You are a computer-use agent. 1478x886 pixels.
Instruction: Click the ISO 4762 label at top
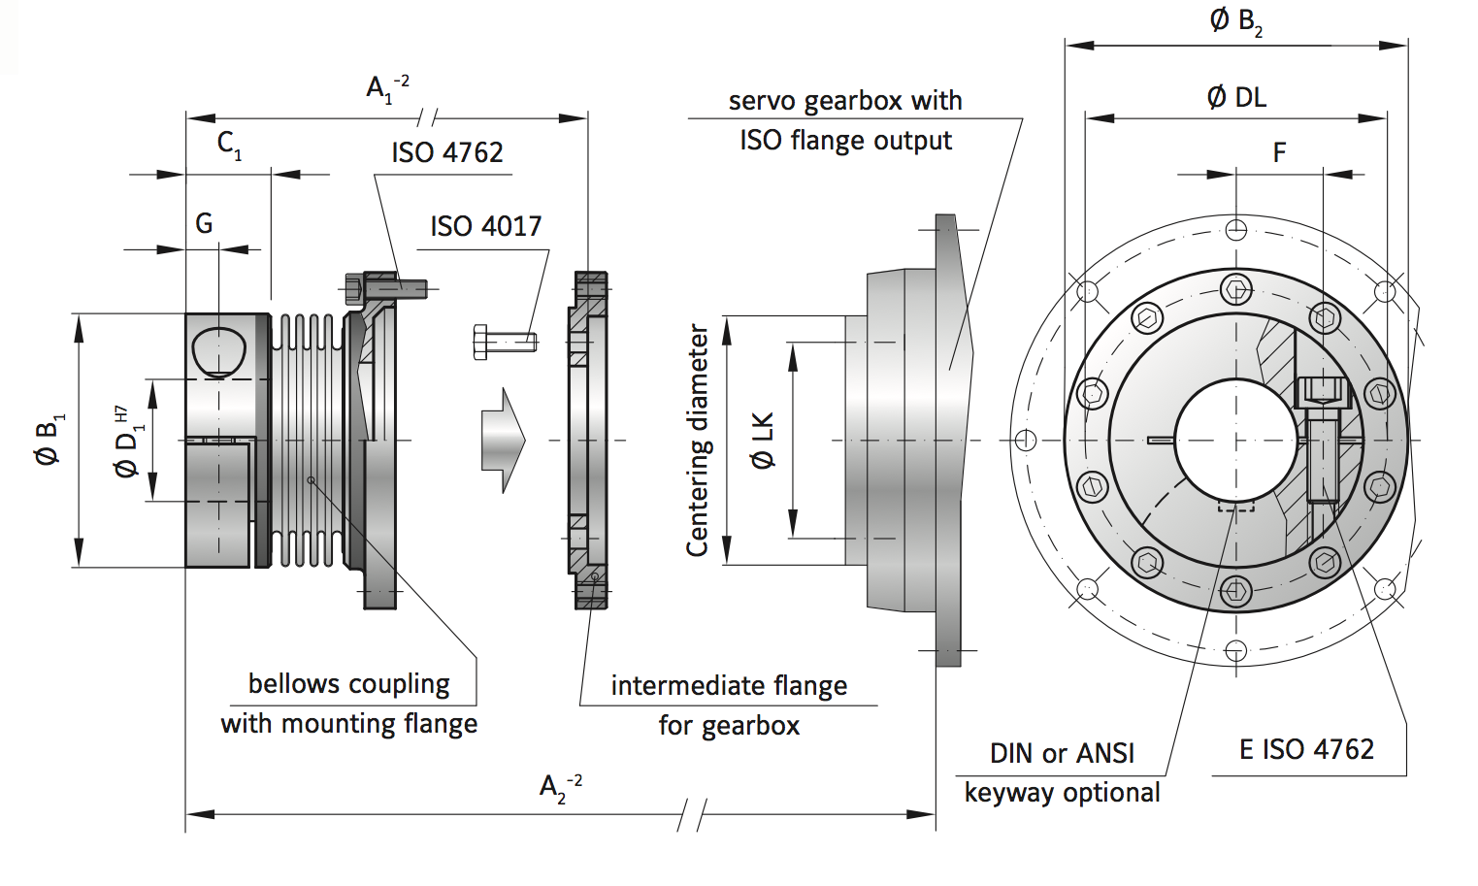pyautogui.click(x=447, y=152)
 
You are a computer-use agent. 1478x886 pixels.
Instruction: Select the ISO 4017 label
pyautogui.click(x=485, y=226)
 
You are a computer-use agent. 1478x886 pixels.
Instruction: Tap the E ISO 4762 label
pyautogui.click(x=1306, y=749)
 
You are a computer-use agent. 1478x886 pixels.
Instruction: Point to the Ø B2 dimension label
pyautogui.click(x=1235, y=20)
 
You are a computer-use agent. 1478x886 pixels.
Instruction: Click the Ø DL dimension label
pyautogui.click(x=1236, y=97)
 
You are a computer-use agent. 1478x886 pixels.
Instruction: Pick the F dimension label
pyautogui.click(x=1279, y=152)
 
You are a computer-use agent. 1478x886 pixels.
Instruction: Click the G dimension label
pyautogui.click(x=204, y=223)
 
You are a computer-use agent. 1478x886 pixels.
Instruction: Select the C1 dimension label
pyautogui.click(x=229, y=145)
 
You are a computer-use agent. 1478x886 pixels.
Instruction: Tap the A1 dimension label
pyautogui.click(x=386, y=88)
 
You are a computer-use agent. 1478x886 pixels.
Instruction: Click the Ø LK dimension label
pyautogui.click(x=764, y=441)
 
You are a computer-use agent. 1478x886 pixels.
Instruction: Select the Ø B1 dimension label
pyautogui.click(x=49, y=441)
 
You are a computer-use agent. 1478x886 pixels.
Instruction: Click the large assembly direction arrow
pyautogui.click(x=503, y=441)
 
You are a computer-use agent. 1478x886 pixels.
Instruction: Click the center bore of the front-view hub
pyautogui.click(x=1235, y=441)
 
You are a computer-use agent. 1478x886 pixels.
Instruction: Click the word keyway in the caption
pyautogui.click(x=1009, y=793)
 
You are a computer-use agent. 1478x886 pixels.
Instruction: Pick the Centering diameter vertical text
pyautogui.click(x=697, y=441)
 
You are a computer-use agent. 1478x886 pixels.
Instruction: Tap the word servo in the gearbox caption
pyautogui.click(x=762, y=101)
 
